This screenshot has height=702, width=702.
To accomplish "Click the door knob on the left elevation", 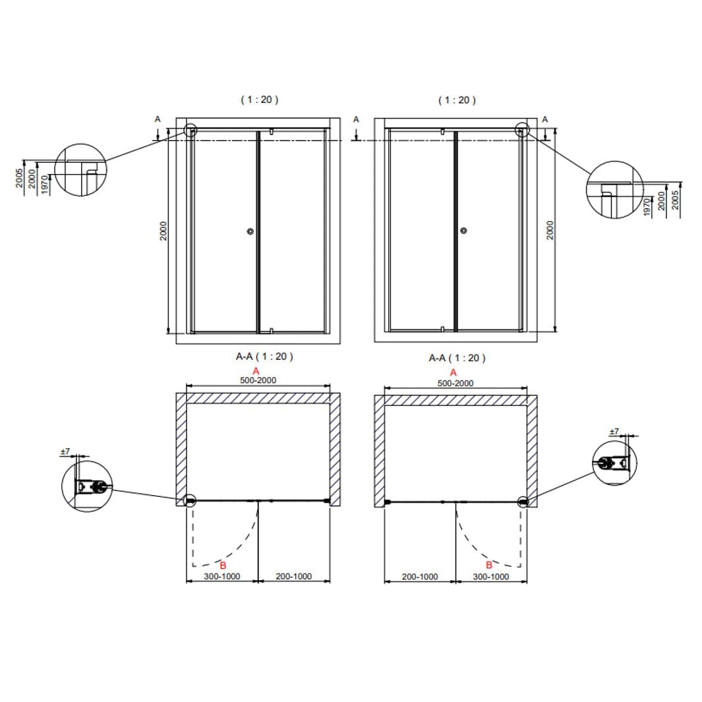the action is (250, 231).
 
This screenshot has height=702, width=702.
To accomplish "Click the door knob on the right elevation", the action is (464, 231).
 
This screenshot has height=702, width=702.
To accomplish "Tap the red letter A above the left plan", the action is (256, 371).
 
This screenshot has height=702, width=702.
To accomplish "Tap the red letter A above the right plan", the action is (453, 372).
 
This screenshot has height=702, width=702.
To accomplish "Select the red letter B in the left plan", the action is (223, 566).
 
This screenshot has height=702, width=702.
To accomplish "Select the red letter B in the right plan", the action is (489, 565).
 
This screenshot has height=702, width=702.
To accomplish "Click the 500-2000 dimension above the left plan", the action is (258, 380).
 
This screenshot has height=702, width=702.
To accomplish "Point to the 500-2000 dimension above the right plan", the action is (455, 383).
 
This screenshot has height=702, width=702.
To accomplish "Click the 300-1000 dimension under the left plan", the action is (222, 576).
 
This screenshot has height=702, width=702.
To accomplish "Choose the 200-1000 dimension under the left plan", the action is (294, 576).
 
